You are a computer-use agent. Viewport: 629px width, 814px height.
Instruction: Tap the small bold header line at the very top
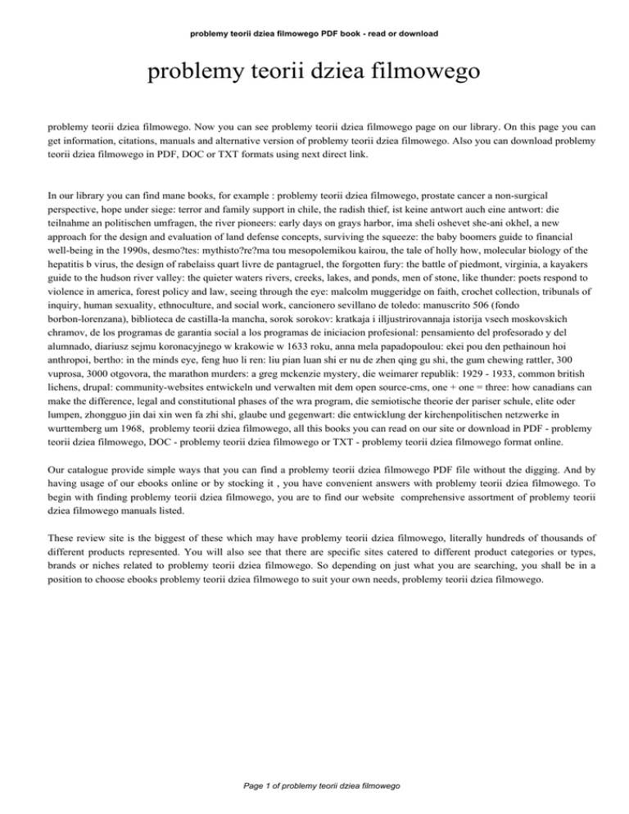pos(314,34)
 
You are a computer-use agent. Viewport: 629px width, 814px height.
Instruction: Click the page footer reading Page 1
pos(314,785)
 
